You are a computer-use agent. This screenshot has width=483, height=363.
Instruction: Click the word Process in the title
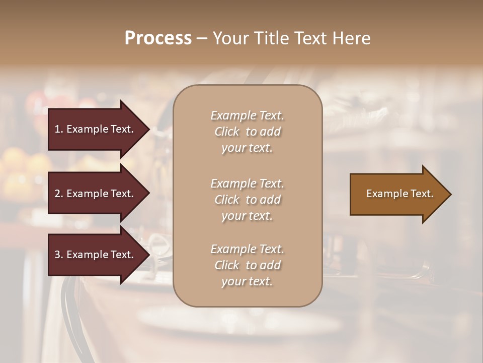point(158,38)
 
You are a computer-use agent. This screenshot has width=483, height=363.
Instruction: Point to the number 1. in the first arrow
point(59,129)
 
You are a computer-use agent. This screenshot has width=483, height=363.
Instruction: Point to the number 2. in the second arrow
point(59,194)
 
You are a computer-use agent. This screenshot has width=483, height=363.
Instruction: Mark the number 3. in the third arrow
point(59,255)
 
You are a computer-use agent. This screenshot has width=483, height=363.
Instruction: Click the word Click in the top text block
point(227,132)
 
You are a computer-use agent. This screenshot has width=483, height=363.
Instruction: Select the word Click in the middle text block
point(227,200)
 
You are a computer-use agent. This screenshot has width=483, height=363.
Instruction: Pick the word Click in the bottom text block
point(227,266)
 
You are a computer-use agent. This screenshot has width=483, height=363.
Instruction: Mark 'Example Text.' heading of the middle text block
point(247,184)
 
